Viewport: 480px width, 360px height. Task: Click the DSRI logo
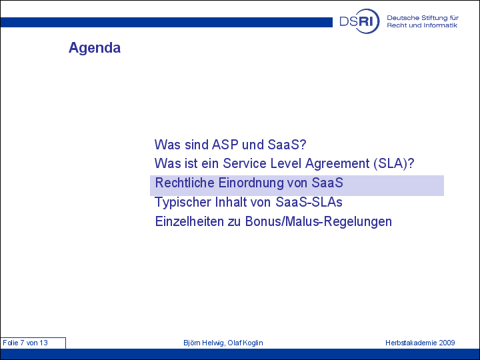pyautogui.click(x=359, y=21)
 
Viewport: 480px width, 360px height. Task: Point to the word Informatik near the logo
pyautogui.click(x=441, y=25)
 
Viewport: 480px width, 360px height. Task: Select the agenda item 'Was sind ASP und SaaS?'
pyautogui.click(x=230, y=145)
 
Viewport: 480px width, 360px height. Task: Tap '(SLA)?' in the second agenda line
pyautogui.click(x=394, y=163)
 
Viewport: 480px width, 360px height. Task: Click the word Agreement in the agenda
pyautogui.click(x=337, y=164)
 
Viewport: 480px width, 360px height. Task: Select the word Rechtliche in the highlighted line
pyautogui.click(x=185, y=183)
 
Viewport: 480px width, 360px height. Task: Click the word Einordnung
pyautogui.click(x=251, y=183)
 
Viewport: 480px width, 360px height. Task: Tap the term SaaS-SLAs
pyautogui.click(x=309, y=202)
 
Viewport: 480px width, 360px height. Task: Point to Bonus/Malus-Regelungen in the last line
pyautogui.click(x=319, y=222)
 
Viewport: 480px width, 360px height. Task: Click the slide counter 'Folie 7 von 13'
pyautogui.click(x=25, y=343)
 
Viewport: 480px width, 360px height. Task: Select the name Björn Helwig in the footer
pyautogui.click(x=203, y=343)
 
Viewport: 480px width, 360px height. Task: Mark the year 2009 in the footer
pyautogui.click(x=447, y=343)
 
